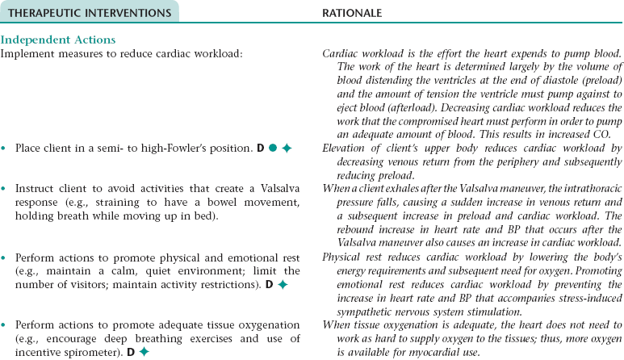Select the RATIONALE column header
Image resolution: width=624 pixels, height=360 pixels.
click(352, 13)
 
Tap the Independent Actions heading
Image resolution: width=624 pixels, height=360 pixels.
click(58, 40)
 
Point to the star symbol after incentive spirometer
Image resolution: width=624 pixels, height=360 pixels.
click(144, 352)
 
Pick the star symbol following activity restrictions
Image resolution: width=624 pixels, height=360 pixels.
click(283, 285)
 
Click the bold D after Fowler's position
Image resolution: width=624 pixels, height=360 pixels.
click(261, 149)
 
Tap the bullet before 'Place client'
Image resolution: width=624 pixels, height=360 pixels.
click(5, 149)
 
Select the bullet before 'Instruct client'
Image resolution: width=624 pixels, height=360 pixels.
click(5, 188)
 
